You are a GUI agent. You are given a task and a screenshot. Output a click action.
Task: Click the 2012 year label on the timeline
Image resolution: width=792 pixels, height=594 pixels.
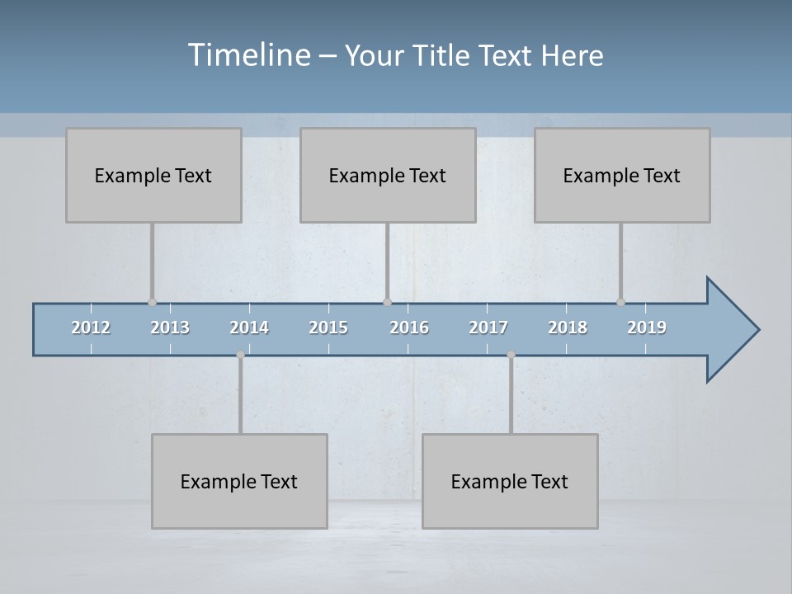pyautogui.click(x=91, y=328)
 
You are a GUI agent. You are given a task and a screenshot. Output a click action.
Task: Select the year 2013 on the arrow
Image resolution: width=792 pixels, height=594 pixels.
pyautogui.click(x=170, y=328)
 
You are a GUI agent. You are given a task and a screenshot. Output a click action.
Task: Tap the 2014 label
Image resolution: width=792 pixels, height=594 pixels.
pyautogui.click(x=249, y=328)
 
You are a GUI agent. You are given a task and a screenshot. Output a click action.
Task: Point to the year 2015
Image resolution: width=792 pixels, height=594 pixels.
pyautogui.click(x=328, y=328)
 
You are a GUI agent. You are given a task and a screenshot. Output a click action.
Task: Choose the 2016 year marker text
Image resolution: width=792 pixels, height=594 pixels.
pyautogui.click(x=409, y=328)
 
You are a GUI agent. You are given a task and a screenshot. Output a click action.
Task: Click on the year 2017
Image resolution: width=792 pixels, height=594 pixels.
pyautogui.click(x=488, y=328)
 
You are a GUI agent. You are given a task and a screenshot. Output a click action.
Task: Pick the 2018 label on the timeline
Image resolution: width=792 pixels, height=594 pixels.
pyautogui.click(x=568, y=328)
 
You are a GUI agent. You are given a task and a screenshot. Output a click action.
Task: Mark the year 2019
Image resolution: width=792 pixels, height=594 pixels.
pyautogui.click(x=647, y=328)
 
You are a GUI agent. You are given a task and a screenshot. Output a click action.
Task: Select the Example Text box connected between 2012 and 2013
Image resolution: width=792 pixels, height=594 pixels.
pyautogui.click(x=153, y=175)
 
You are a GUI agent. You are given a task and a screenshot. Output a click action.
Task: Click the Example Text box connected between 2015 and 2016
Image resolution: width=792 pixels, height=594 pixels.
pyautogui.click(x=388, y=175)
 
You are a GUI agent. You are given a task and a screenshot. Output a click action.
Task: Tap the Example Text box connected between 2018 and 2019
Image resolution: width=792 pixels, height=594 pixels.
pyautogui.click(x=622, y=175)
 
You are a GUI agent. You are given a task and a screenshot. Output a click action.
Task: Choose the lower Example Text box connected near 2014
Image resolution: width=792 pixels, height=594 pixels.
pyautogui.click(x=239, y=481)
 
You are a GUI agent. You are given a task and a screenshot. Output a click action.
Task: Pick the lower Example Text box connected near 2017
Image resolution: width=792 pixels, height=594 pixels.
pyautogui.click(x=510, y=481)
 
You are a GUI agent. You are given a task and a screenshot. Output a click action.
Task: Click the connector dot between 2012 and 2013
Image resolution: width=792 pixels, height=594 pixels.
pyautogui.click(x=152, y=302)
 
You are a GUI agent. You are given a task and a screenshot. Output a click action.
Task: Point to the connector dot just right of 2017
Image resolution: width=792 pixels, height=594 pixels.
pyautogui.click(x=511, y=355)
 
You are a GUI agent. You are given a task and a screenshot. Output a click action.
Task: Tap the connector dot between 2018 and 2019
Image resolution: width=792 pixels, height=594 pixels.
pyautogui.click(x=620, y=302)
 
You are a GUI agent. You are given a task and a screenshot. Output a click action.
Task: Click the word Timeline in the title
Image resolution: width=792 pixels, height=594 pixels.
pyautogui.click(x=247, y=55)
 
